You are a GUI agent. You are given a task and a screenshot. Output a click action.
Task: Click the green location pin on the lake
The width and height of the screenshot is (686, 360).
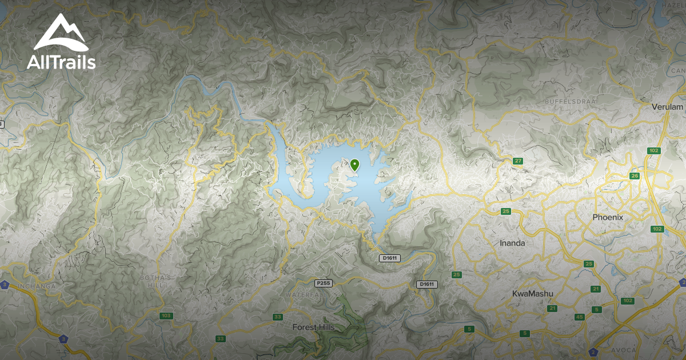click(355, 165)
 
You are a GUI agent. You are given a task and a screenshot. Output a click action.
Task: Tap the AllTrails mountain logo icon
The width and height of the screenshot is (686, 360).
click(60, 34)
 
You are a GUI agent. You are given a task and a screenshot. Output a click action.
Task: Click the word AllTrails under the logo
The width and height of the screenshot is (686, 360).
click(61, 62)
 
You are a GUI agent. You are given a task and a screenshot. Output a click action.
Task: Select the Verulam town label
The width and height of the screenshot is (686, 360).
click(667, 107)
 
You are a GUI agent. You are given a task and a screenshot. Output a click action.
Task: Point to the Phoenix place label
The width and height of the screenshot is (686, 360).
click(608, 218)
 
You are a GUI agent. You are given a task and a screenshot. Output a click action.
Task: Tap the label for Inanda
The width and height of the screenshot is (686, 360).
click(512, 243)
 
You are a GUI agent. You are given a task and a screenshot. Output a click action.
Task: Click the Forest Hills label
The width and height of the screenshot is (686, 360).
click(313, 327)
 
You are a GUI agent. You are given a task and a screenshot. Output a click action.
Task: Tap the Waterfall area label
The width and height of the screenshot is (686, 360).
click(302, 294)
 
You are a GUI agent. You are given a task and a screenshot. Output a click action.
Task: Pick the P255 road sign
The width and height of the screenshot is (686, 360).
click(324, 283)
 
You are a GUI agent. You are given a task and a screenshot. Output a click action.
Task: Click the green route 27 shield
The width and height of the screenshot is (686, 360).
click(518, 161)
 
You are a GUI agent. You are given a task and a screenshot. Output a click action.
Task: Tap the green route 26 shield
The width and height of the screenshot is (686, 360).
click(634, 175)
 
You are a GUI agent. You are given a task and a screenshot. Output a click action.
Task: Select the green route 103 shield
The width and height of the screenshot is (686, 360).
click(166, 315)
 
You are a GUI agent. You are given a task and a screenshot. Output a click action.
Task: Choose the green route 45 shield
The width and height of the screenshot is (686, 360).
click(579, 317)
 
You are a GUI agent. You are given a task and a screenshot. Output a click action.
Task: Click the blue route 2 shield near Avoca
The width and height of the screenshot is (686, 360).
click(593, 351)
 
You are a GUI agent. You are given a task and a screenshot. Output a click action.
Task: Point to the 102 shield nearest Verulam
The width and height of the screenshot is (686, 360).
click(654, 150)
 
